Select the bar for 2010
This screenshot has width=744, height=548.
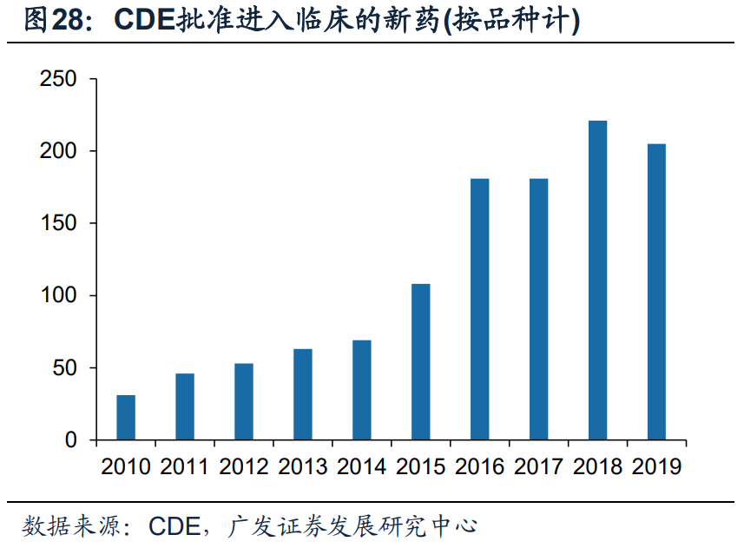(x=126, y=418)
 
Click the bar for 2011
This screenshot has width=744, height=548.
(x=185, y=406)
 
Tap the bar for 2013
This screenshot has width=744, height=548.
(x=303, y=394)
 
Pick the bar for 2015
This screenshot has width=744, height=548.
(x=421, y=362)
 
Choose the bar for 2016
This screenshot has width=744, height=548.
(x=480, y=309)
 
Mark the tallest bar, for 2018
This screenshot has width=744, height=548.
(x=598, y=281)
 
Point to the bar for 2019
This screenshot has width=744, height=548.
(x=657, y=292)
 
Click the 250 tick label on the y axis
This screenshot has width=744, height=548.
(x=58, y=80)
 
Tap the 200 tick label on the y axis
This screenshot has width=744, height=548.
(x=58, y=152)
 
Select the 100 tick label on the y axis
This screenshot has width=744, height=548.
(x=58, y=296)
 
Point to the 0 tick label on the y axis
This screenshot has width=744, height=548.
(x=70, y=440)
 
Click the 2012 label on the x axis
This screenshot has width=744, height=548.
(x=244, y=467)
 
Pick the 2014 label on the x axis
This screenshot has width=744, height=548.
(x=362, y=467)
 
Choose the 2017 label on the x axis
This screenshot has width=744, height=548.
(x=539, y=467)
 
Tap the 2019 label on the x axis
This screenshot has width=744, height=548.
(x=657, y=467)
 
